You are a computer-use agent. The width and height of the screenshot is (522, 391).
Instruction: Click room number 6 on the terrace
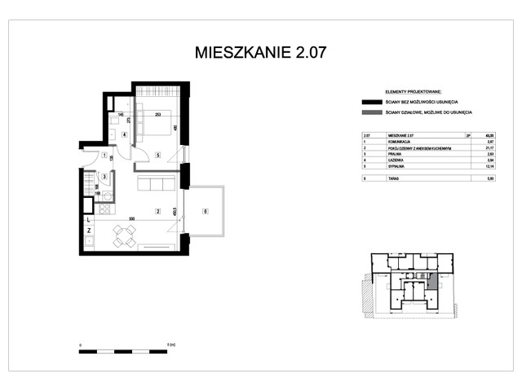pyautogui.click(x=205, y=212)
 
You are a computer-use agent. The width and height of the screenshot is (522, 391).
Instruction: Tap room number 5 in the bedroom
pyautogui.click(x=157, y=154)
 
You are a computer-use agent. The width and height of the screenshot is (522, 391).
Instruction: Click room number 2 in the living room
pyautogui.click(x=157, y=212)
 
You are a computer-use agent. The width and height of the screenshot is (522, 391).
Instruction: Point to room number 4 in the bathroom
pyautogui.click(x=124, y=134)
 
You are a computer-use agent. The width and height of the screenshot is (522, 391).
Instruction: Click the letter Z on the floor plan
pyautogui.click(x=89, y=231)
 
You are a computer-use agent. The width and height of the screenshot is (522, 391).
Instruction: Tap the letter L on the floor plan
pyautogui.click(x=89, y=218)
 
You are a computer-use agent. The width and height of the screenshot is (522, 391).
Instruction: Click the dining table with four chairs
pyautogui.click(x=124, y=237)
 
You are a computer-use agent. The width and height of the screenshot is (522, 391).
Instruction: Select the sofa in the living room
pyautogui.click(x=154, y=183)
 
